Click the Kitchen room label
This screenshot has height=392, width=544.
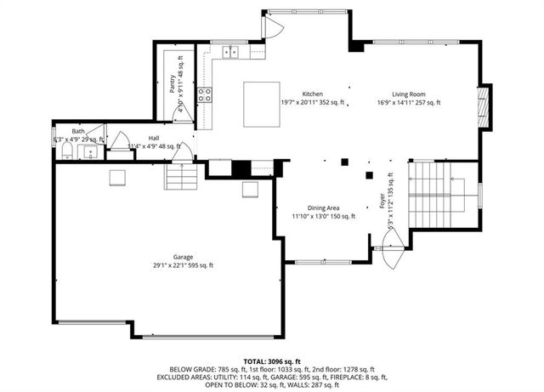pos(313,94)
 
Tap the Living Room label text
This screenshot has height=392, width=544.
pos(408,94)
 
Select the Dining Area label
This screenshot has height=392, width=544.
pos(323,208)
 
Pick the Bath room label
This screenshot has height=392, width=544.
pos(78,131)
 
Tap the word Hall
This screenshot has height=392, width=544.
pos(154,138)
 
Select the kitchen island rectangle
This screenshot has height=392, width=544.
pos(262,103)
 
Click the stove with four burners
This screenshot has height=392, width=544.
pos(205,95)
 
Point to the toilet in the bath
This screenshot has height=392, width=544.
pos(66,151)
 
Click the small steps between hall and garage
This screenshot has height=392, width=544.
pos(180,176)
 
